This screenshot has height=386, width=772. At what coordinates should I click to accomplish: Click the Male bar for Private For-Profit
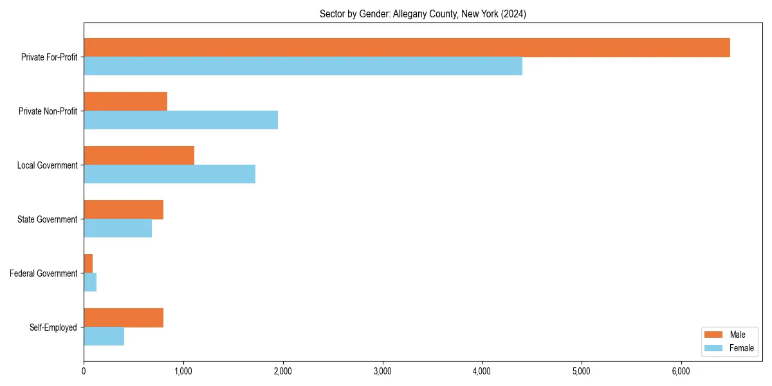point(407,48)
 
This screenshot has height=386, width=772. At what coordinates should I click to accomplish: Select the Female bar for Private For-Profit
point(303,66)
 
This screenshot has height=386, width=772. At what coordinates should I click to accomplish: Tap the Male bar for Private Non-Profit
point(125,102)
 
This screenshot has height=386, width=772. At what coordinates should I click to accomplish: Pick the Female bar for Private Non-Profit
point(181,120)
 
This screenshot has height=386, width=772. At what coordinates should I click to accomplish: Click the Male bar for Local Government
point(139,156)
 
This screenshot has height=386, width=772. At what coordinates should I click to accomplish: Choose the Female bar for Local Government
point(169,174)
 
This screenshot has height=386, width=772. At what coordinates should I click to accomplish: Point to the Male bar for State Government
point(124,210)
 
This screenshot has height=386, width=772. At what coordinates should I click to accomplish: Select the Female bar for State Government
point(118,228)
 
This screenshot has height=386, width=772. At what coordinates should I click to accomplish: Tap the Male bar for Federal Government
point(88,264)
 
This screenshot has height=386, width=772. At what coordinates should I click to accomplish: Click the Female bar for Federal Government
point(90,282)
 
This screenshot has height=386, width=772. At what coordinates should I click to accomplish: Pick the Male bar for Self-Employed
point(124,318)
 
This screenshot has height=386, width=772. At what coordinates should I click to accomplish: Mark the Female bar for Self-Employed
point(104,336)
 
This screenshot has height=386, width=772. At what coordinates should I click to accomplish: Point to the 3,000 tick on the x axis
point(383,371)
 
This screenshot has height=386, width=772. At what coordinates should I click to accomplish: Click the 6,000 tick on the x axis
point(681,371)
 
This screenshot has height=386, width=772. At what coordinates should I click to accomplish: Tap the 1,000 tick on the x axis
point(183,371)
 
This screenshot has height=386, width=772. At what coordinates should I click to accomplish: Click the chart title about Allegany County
point(423,14)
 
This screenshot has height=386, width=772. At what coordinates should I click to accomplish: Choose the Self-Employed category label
point(53,327)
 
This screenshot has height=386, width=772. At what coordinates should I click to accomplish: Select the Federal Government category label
point(44,273)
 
